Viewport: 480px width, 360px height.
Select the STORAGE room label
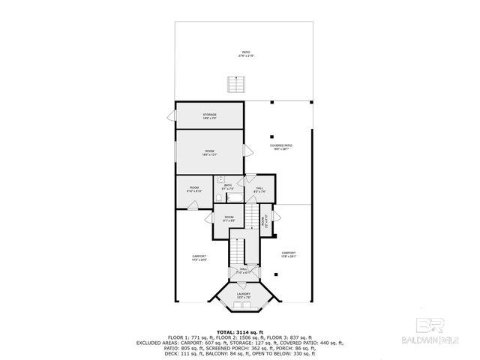coord(209,116)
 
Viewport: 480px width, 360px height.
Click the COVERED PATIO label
coord(281,147)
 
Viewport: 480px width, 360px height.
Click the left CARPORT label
coord(199,257)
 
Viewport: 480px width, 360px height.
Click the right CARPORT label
coord(289,254)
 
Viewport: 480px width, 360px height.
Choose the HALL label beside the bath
coord(259,189)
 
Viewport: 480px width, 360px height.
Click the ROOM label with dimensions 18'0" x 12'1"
coord(209,153)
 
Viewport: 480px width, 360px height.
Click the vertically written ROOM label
coord(263,220)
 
